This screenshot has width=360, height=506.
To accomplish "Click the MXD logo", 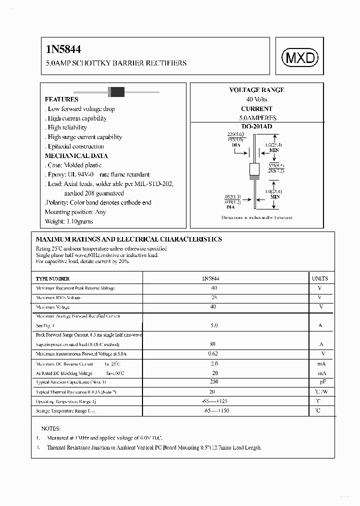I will point(301,58).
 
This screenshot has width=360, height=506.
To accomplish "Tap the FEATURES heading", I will point(61,99).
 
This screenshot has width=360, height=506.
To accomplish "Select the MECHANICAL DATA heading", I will point(76,155).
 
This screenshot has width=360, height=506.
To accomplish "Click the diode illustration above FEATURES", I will point(116,91).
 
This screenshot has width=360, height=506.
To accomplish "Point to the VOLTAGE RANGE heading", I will point(256,90).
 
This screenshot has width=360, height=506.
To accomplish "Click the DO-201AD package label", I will point(256,127).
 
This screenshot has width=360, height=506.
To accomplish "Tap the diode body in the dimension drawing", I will point(254,171).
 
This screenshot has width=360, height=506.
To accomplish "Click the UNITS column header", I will point(320,278).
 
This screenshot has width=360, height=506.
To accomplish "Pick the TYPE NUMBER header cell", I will point(53,278).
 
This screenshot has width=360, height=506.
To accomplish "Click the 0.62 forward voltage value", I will point(214,353).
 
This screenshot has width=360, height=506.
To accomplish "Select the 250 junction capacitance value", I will point(214,382).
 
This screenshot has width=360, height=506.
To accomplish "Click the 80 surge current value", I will point(214,344).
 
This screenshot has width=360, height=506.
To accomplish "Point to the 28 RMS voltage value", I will point(214,297).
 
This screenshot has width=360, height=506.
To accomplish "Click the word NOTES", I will point(51,428).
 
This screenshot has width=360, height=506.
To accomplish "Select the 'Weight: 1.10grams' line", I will point(68,221).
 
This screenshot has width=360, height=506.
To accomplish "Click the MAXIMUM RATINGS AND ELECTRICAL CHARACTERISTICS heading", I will point(129,239).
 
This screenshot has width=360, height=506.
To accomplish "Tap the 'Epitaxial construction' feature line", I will point(75,146).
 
